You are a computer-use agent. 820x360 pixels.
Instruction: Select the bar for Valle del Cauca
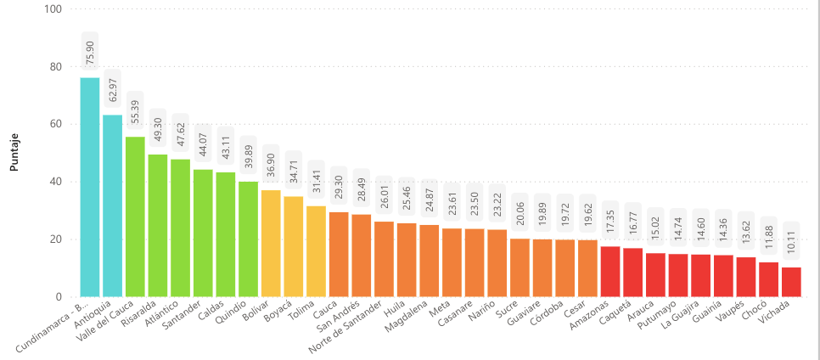pos(135,217)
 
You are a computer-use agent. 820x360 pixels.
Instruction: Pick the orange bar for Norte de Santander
pos(384,259)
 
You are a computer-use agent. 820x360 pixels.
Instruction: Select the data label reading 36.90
pos(271,165)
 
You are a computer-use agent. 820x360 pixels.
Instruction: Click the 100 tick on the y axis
pos(53,9)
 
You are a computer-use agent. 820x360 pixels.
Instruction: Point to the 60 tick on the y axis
pos(56,124)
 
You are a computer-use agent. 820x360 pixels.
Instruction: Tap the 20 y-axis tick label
pos(56,239)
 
